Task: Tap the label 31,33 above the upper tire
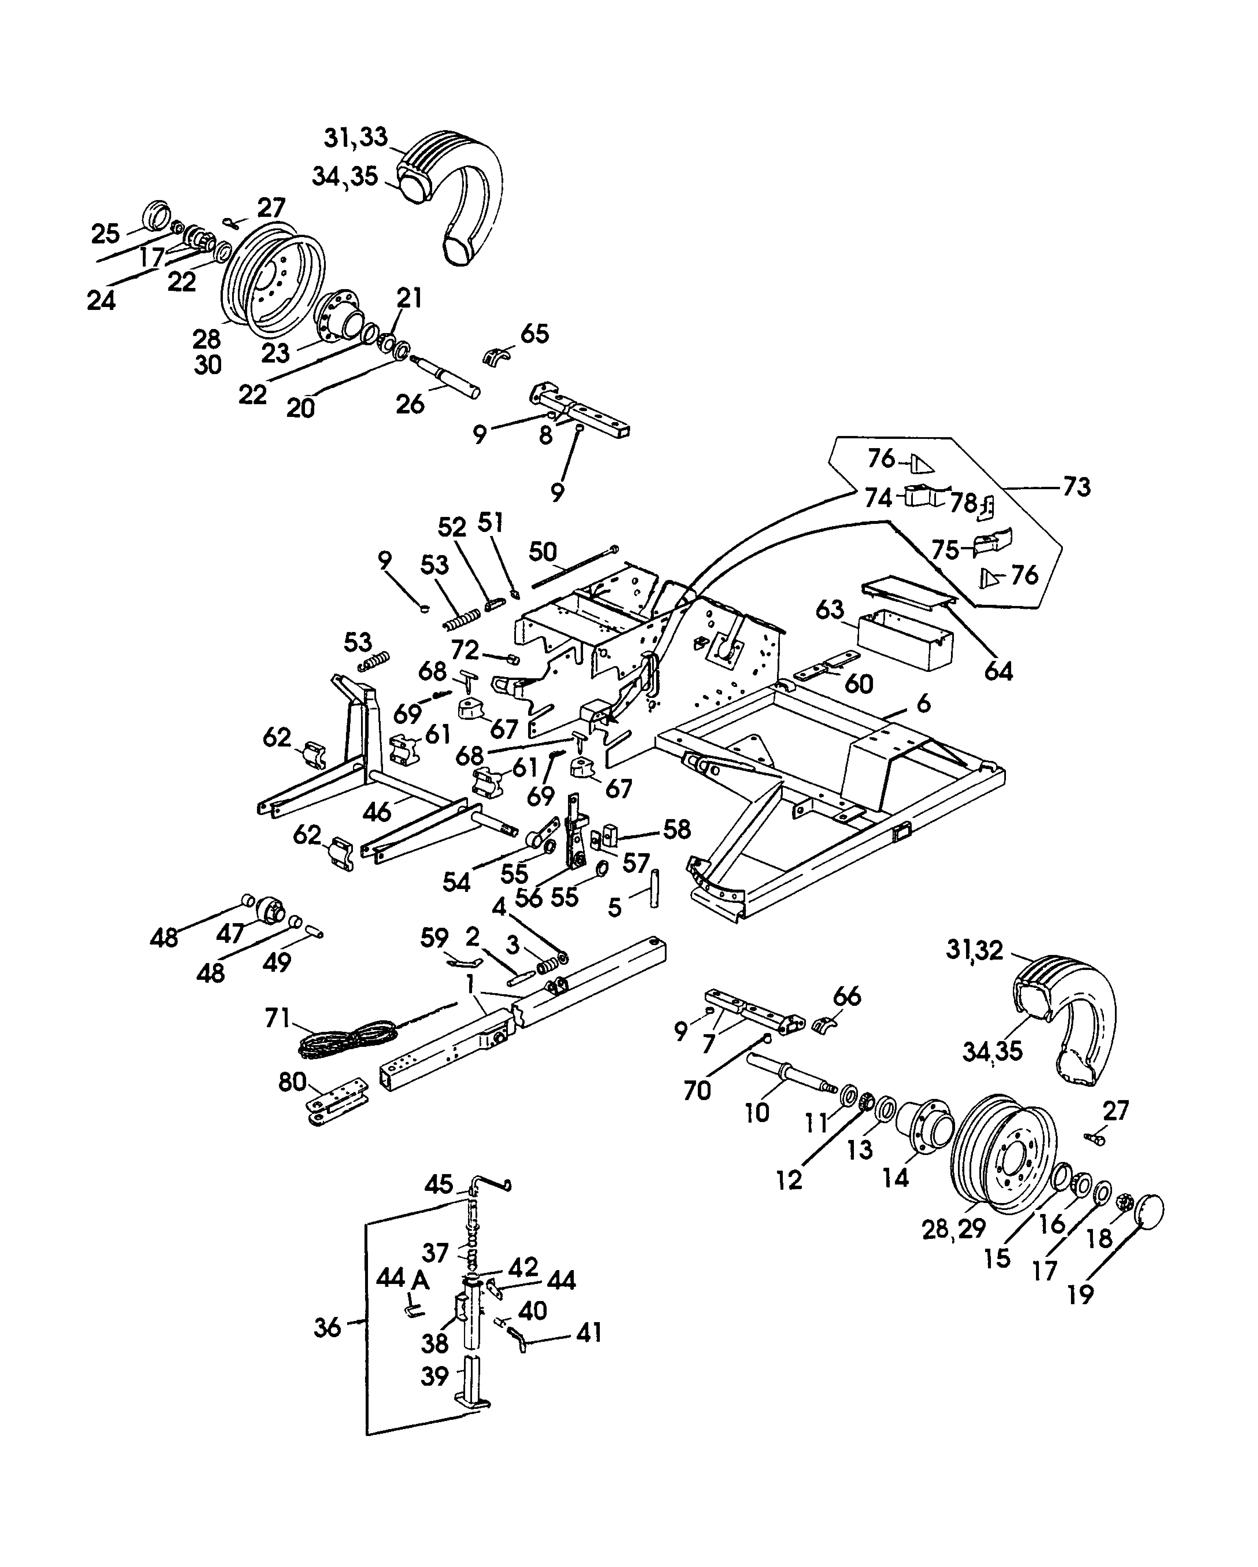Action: (355, 137)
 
